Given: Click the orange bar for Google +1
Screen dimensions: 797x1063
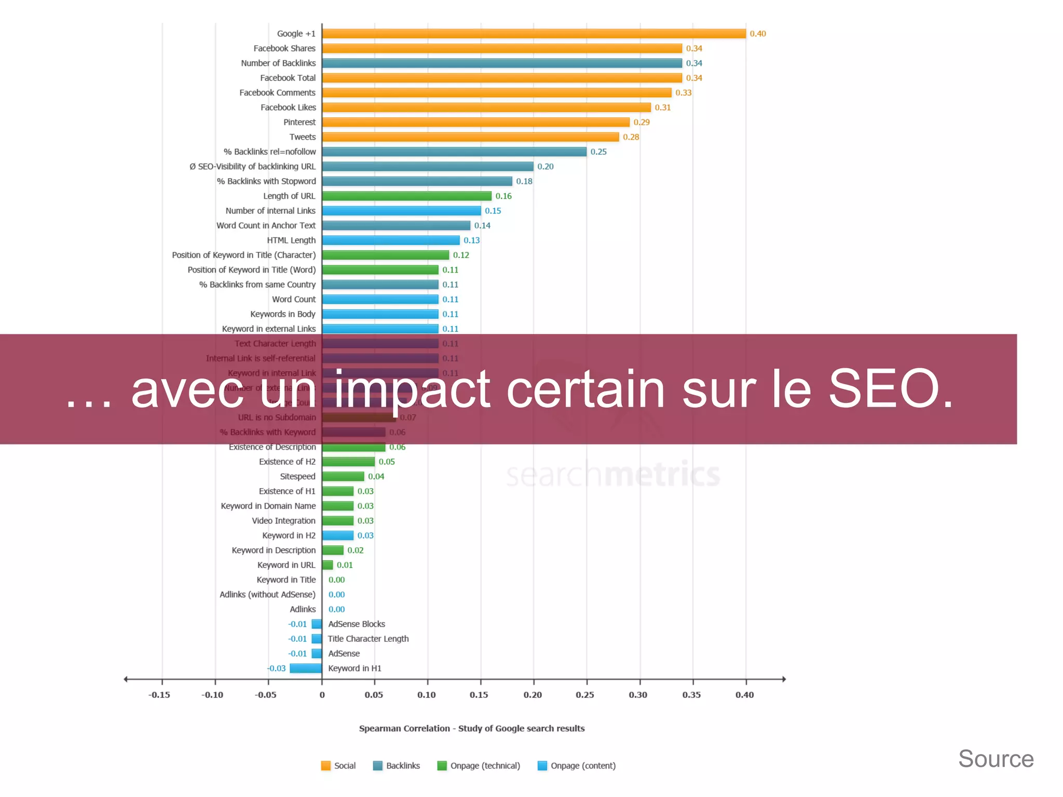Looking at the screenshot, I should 534,34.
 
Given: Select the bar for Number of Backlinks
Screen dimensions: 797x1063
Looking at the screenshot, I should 501,63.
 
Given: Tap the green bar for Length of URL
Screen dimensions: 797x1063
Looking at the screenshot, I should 406,196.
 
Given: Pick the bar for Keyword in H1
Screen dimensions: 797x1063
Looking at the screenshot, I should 306,668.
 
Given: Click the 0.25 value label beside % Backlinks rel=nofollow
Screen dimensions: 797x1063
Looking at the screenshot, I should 598,152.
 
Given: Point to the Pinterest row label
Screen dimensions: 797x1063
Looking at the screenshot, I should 299,123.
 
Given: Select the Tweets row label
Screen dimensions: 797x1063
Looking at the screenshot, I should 303,137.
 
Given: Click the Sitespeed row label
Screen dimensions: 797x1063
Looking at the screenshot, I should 297,477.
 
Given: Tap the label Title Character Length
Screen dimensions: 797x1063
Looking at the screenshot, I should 368,639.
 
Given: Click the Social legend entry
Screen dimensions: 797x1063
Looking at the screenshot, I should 338,766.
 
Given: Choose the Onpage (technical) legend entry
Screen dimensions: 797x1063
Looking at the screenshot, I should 479,766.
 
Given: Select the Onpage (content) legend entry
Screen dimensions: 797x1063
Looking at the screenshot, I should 577,766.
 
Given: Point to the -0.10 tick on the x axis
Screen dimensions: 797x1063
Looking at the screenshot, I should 212,695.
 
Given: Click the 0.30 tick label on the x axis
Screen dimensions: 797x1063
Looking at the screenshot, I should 638,695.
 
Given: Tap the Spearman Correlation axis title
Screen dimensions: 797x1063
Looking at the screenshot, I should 472,728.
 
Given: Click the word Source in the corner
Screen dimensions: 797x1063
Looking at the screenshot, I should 996,759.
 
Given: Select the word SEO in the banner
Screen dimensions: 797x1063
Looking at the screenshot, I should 890,389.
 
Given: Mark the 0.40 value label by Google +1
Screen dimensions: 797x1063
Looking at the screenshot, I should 758,34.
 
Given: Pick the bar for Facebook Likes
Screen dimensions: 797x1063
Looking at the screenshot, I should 486,107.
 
